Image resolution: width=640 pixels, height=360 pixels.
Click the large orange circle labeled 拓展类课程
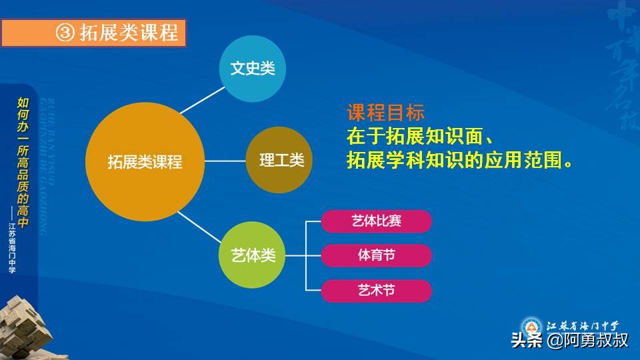point(145,161)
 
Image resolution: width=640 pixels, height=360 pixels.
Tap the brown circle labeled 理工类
point(279,161)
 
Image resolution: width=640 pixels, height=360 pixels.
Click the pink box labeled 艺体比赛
point(377,221)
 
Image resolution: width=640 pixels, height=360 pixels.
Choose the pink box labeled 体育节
point(377,256)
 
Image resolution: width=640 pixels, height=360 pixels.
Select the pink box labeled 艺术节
point(377,291)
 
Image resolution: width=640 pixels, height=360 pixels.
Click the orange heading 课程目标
point(385,113)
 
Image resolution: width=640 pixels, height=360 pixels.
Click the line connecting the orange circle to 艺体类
point(203,227)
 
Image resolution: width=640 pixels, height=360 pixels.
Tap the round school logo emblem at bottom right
point(531,327)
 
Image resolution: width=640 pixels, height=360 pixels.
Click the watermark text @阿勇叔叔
point(587,341)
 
